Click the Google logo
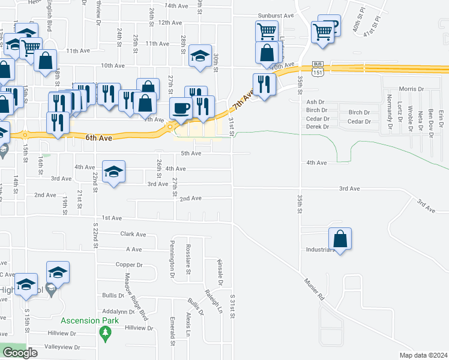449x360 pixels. [x=20, y=353]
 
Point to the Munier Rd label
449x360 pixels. [x=314, y=289]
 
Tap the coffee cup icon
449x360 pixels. [x=180, y=108]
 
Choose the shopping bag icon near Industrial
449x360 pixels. [x=340, y=239]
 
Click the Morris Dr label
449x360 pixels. [x=411, y=89]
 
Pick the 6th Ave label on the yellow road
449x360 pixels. [x=99, y=137]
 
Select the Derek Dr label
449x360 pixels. [x=318, y=127]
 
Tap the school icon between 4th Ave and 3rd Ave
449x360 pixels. [x=113, y=172]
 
